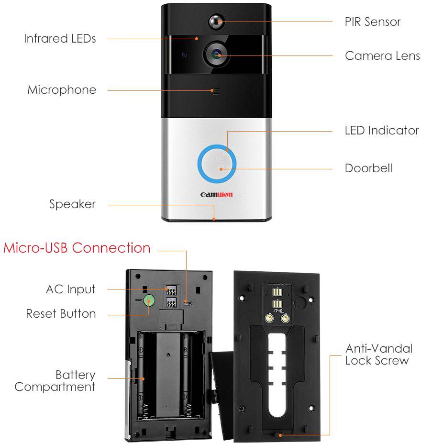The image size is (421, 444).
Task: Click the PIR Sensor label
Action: (372, 22)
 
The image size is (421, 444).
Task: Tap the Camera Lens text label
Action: (382, 55)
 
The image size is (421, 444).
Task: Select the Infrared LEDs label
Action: (60, 38)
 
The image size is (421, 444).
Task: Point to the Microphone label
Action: (62, 89)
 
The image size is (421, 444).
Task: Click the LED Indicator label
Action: (381, 130)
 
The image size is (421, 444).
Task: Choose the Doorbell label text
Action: (368, 168)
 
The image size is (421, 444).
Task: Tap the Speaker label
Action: (72, 204)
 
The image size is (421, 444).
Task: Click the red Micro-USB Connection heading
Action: (77, 248)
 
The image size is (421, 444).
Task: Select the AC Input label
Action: (70, 289)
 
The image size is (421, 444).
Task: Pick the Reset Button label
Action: (61, 314)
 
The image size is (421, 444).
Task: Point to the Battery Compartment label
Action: (55, 380)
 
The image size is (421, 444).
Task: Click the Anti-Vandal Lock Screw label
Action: (378, 355)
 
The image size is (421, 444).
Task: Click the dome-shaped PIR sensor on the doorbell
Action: (216, 21)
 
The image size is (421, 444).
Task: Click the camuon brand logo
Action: (216, 195)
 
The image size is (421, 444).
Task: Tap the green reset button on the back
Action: (150, 301)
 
